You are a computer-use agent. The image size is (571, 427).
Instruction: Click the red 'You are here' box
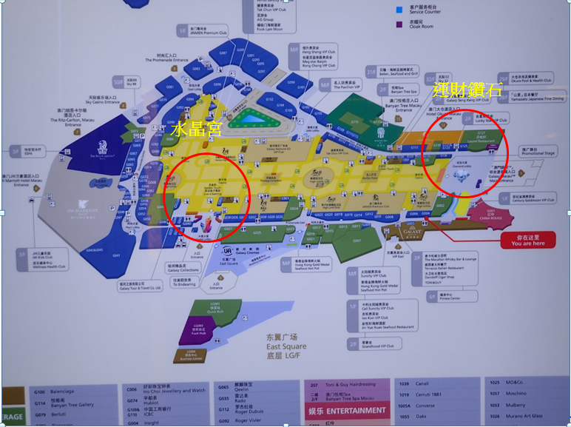[x=527, y=240]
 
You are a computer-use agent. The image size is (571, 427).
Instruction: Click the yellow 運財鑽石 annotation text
[x=468, y=92]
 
